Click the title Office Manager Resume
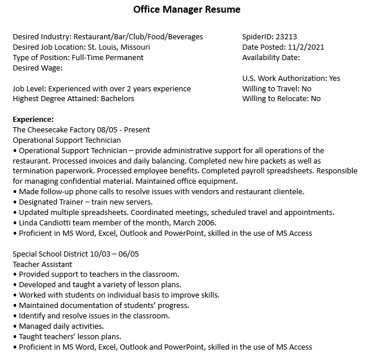[186, 10]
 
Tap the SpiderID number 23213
[287, 37]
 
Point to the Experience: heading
[33, 120]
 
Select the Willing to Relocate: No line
[281, 99]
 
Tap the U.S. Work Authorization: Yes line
[291, 79]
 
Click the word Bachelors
[117, 99]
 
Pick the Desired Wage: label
[38, 68]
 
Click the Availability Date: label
[271, 58]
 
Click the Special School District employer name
[49, 254]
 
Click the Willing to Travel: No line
[276, 89]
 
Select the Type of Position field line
[78, 58]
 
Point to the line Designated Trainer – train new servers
[86, 202]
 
